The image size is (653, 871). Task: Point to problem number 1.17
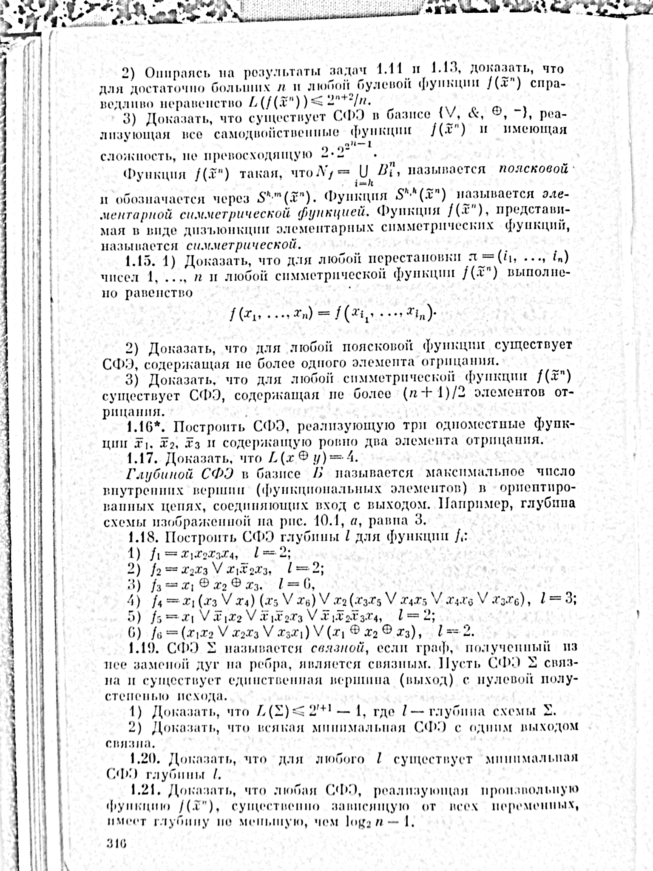point(143,458)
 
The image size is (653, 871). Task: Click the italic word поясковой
point(533,168)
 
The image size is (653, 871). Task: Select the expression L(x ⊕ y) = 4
point(311,458)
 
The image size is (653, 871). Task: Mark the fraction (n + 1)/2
point(435,393)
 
